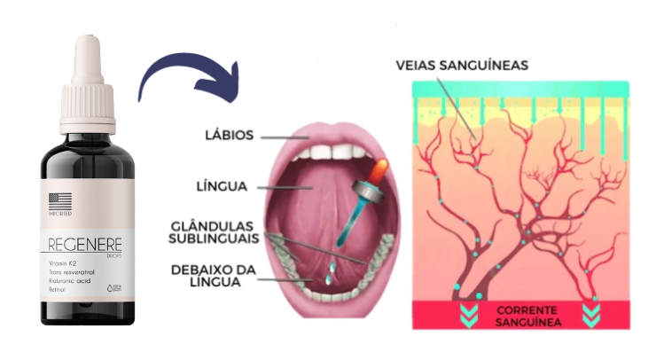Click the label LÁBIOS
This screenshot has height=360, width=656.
[229, 136]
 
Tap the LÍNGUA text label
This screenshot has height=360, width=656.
[222, 187]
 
